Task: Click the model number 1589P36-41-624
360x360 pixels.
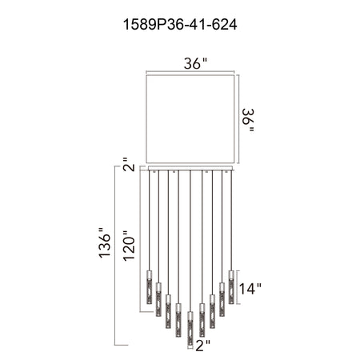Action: tap(180, 25)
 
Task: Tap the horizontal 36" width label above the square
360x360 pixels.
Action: tap(195, 63)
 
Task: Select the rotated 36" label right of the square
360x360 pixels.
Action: tap(248, 120)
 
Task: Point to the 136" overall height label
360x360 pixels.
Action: tap(105, 242)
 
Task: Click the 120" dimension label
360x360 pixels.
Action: tap(129, 246)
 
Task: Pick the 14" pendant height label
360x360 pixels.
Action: tap(250, 288)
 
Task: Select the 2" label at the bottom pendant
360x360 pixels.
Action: tap(203, 346)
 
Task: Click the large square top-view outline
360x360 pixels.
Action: tap(190, 75)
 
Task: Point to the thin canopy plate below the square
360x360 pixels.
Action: tap(190, 168)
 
